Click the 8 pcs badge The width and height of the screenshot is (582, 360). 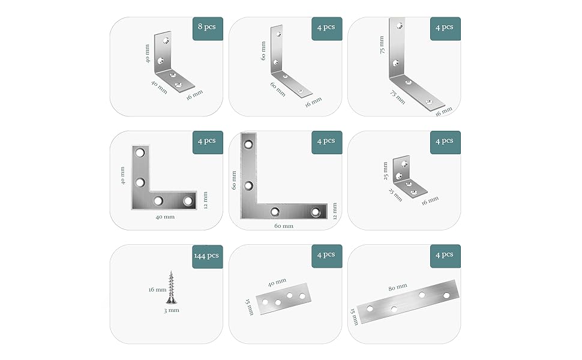pos(207,28)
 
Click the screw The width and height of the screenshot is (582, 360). pos(172,287)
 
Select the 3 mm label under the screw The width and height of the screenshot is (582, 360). pos(172,310)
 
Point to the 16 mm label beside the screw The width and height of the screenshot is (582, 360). pos(157,289)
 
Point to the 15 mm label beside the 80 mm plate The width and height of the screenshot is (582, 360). pos(354,317)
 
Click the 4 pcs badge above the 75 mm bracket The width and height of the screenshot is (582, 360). pos(445,28)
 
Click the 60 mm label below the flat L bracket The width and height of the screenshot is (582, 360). pos(284,226)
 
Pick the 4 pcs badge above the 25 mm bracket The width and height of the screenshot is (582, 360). pos(445,142)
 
